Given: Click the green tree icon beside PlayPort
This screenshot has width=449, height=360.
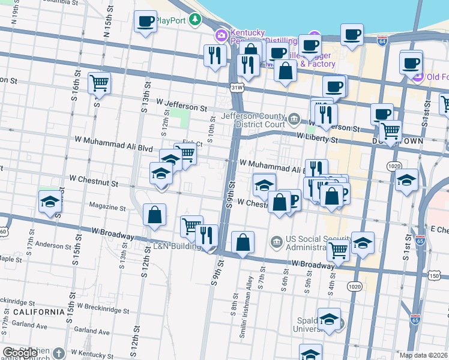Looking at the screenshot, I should click(x=194, y=20).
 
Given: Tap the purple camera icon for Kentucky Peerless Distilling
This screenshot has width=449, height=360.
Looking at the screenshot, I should click(x=221, y=35).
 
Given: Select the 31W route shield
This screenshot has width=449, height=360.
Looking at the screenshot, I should click(x=238, y=88).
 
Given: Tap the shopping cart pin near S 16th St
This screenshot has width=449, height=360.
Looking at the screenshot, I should click(x=99, y=83).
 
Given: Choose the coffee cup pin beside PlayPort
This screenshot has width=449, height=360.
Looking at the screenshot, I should click(x=145, y=23).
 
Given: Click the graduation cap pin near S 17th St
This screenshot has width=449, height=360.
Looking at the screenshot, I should click(x=50, y=202).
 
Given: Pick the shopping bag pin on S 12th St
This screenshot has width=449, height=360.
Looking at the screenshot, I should click(x=155, y=215).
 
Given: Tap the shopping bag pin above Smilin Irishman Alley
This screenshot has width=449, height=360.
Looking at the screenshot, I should click(x=243, y=243).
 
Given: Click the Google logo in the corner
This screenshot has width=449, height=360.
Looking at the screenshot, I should click(x=19, y=353).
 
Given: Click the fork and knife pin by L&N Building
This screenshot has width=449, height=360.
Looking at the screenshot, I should click(x=207, y=235).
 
